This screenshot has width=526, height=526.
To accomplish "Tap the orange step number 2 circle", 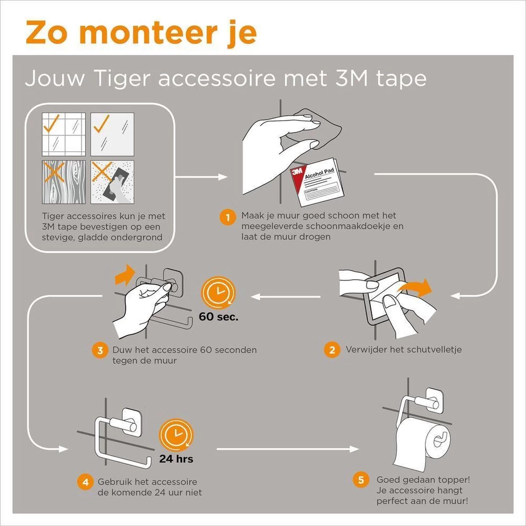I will pyautogui.click(x=332, y=350).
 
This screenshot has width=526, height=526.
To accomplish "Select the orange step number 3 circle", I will pyautogui.click(x=100, y=351).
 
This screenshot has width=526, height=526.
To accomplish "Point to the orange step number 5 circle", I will pyautogui.click(x=361, y=480).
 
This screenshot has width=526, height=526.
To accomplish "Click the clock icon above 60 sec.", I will pyautogui.click(x=218, y=293).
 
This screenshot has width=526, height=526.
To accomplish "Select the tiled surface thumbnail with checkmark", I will pyautogui.click(x=64, y=134).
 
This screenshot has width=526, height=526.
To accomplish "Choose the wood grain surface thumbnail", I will pyautogui.click(x=64, y=181).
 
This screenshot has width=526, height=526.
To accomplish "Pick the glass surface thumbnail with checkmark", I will pyautogui.click(x=112, y=134).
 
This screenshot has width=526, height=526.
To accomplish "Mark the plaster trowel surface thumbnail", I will pyautogui.click(x=112, y=181).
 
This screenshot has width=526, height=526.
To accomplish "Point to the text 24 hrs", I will pyautogui.click(x=176, y=459).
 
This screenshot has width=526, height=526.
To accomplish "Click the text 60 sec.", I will pyautogui.click(x=219, y=316).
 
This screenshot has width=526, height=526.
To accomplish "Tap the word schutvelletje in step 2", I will pyautogui.click(x=434, y=350).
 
